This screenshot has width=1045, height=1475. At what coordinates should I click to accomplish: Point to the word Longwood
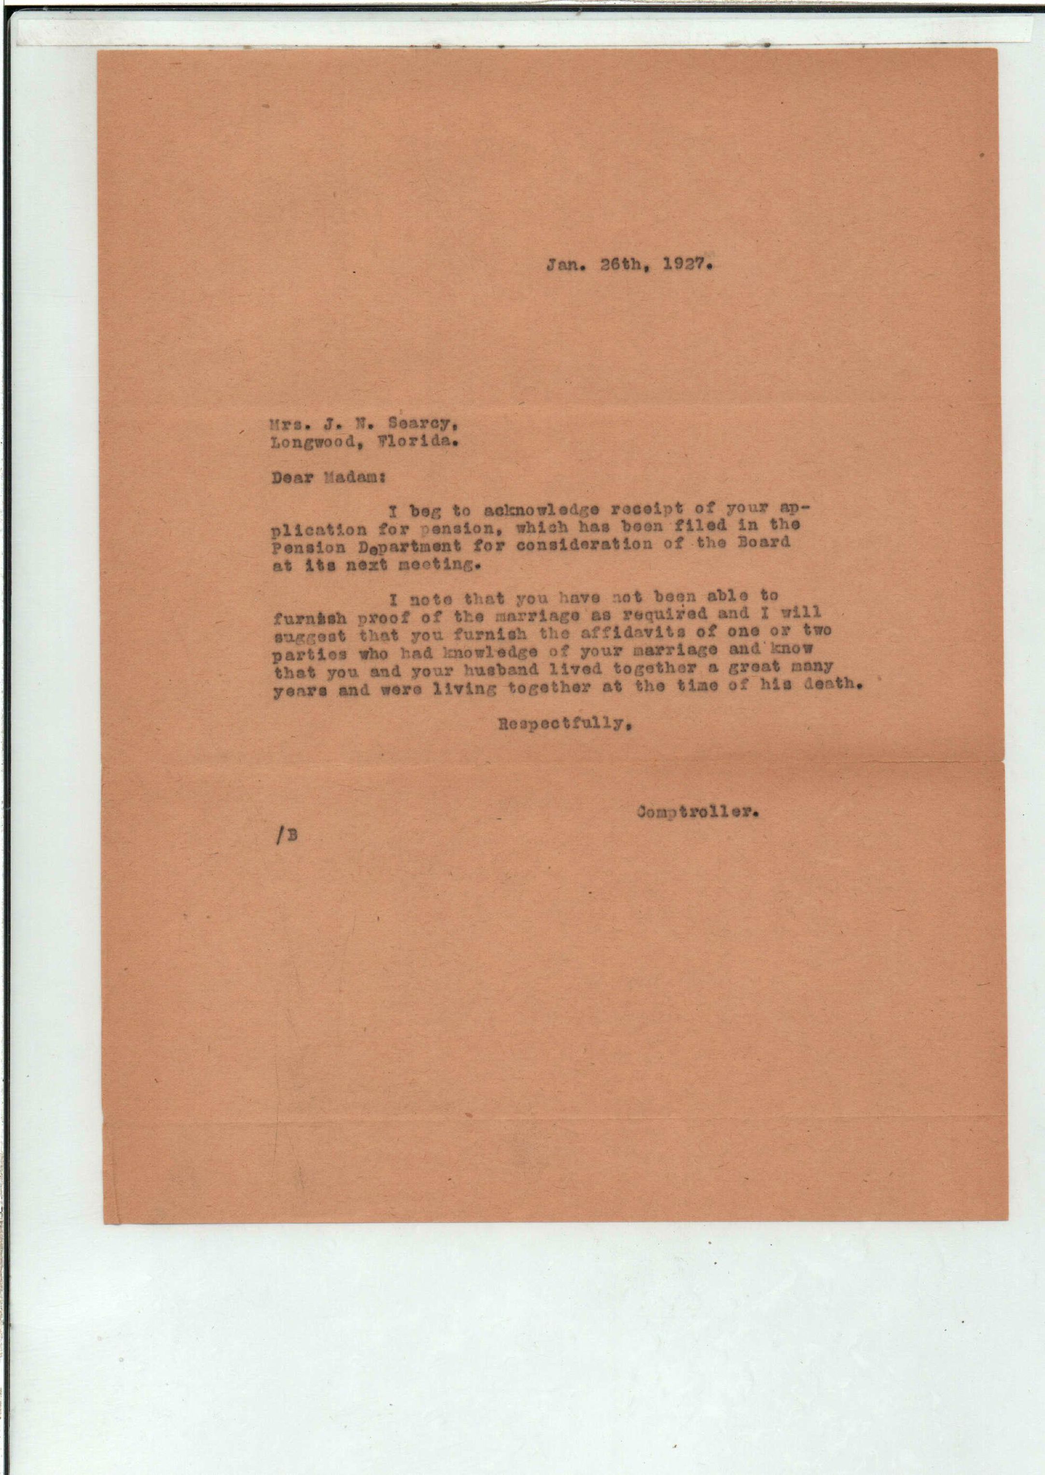click(303, 442)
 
